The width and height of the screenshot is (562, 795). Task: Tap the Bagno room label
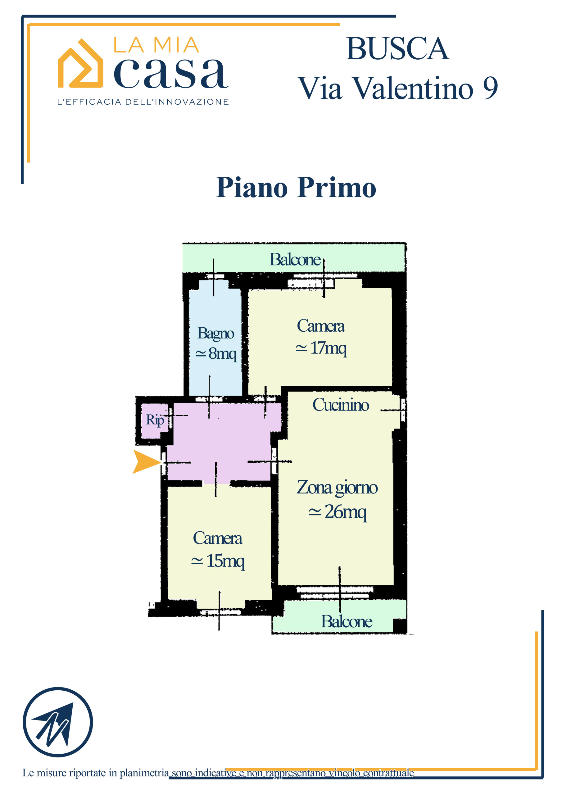coord(216,334)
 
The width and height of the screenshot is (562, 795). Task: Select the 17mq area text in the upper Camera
coord(321,348)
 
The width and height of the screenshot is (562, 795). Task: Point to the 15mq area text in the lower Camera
coord(218,561)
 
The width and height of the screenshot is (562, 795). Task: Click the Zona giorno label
coord(337,488)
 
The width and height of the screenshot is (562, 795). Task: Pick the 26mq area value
coord(337,512)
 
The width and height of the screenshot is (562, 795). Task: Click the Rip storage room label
coord(155,420)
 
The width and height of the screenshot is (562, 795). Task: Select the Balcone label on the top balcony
coord(295,260)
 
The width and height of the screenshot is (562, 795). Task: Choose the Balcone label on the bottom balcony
coord(347,621)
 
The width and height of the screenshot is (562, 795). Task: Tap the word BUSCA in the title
coord(397,48)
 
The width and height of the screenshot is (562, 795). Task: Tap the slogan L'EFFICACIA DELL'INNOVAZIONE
coord(143,102)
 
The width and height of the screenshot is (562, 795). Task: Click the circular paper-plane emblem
coord(58,722)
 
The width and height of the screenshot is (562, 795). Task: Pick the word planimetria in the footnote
coord(144,773)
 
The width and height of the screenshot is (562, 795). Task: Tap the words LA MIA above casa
coord(156,45)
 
